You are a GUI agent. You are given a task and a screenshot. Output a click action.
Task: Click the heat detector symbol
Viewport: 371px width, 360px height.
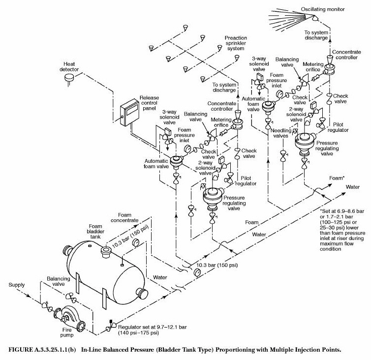pyautogui.click(x=69, y=78)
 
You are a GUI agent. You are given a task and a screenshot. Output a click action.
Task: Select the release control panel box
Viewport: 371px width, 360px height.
pyautogui.click(x=129, y=112)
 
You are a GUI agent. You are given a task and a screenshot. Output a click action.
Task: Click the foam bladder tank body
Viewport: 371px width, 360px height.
pyautogui.click(x=106, y=272)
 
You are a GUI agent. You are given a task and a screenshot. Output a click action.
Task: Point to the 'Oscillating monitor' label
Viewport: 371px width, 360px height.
pyautogui.click(x=322, y=9)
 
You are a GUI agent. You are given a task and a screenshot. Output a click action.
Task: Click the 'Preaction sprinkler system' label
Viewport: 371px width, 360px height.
pyautogui.click(x=236, y=43)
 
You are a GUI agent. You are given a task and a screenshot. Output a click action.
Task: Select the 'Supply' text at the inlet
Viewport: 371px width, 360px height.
pyautogui.click(x=17, y=285)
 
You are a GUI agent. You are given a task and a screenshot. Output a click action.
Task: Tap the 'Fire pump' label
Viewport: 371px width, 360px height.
pyautogui.click(x=67, y=332)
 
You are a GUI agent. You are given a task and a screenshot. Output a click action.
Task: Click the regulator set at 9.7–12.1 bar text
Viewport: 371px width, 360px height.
pyautogui.click(x=153, y=330)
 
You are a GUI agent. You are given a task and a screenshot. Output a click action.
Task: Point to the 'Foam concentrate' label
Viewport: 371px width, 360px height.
pyautogui.click(x=124, y=217)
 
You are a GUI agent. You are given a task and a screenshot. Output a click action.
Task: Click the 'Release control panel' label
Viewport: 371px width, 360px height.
pyautogui.click(x=149, y=103)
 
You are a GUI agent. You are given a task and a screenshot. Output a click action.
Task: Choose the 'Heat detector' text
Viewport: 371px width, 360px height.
pyautogui.click(x=69, y=66)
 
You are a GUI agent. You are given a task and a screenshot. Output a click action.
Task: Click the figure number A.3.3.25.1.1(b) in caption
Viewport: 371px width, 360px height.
pyautogui.click(x=42, y=350)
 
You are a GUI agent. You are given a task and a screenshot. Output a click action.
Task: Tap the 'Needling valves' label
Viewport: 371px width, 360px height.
pyautogui.click(x=281, y=133)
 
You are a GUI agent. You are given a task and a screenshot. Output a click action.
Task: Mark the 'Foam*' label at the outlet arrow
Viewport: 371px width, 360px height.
pyautogui.click(x=337, y=178)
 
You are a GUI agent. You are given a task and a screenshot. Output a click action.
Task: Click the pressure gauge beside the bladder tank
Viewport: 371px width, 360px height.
pyautogui.click(x=136, y=242)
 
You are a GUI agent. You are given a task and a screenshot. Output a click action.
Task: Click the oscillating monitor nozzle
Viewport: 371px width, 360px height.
pyautogui.click(x=314, y=18)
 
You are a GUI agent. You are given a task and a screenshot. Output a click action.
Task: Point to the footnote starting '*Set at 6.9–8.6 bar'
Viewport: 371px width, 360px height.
pyautogui.click(x=342, y=230)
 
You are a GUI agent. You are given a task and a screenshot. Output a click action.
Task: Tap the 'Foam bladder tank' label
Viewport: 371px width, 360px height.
pyautogui.click(x=95, y=231)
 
